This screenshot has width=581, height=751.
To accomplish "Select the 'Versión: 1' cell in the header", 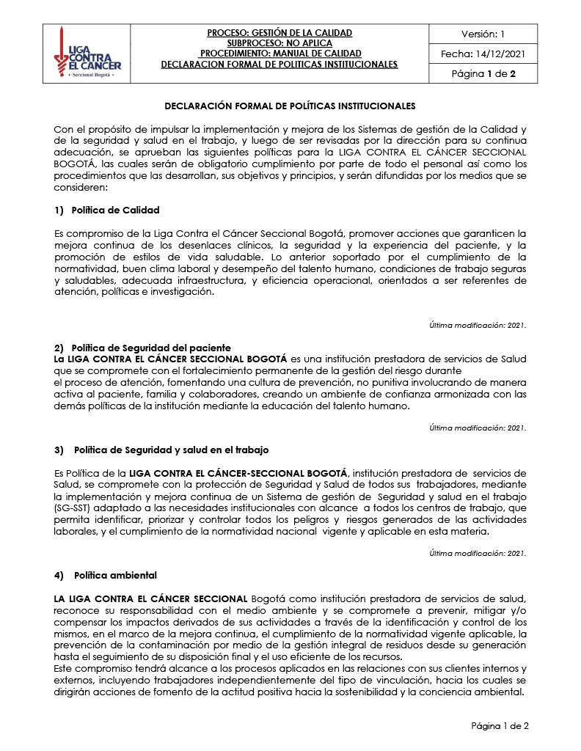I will (x=483, y=34).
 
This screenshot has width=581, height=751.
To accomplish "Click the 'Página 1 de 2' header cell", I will (x=483, y=73).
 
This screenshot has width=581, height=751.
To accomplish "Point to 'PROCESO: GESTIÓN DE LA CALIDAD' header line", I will (x=279, y=33).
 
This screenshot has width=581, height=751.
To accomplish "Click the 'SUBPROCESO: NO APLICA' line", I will (x=279, y=43).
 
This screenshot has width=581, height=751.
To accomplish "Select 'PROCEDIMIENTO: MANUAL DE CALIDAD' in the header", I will (x=280, y=54).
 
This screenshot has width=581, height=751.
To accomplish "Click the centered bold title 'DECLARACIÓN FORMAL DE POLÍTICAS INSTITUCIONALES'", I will (x=290, y=106).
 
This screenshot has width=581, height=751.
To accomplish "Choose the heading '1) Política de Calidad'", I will (x=107, y=210).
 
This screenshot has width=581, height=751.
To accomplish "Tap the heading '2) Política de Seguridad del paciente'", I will (x=143, y=347).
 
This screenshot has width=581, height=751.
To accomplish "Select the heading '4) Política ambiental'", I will (x=106, y=575).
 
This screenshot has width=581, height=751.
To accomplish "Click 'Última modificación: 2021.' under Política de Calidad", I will (x=478, y=325).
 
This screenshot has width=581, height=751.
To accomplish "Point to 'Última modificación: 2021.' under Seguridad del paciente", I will (x=478, y=428).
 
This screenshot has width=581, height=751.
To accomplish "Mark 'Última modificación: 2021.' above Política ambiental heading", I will (x=478, y=554).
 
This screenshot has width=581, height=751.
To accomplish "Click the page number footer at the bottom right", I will (x=499, y=726).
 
